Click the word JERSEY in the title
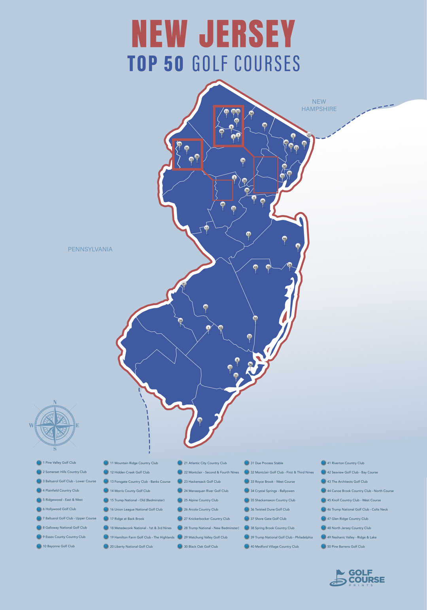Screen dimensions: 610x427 (248, 34)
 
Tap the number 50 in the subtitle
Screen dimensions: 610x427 (174, 64)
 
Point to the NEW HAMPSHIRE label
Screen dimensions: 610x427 (319, 105)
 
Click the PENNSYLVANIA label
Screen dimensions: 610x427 (90, 249)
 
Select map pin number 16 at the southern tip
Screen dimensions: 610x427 (200, 420)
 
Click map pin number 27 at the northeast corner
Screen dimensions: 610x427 (309, 135)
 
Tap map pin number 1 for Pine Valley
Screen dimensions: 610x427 (208, 328)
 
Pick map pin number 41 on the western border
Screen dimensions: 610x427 (183, 284)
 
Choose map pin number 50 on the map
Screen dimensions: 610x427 (255, 319)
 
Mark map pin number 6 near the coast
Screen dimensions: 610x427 (298, 246)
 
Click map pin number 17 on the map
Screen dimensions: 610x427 (206, 229)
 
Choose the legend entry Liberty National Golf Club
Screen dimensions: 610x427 (131, 546)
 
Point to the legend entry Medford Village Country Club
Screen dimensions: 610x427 (274, 546)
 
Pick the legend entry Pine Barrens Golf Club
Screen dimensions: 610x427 (346, 546)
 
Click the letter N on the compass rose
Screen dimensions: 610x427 (55, 402)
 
